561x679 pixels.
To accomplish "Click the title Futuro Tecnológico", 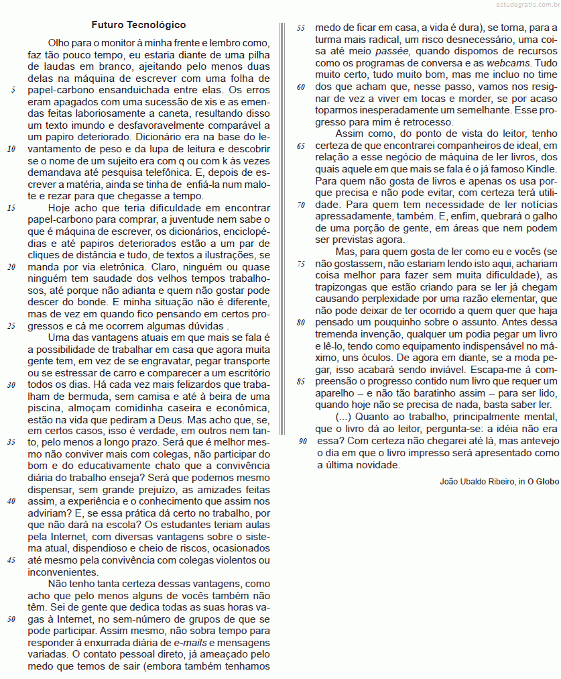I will [x=139, y=25].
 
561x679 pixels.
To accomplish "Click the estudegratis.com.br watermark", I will [x=519, y=5].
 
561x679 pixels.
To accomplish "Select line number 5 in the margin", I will [x=13, y=89].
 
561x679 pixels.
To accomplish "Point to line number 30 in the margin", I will [x=11, y=385].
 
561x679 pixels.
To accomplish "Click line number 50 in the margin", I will [x=11, y=619].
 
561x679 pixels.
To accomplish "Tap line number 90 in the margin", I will [x=301, y=441].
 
